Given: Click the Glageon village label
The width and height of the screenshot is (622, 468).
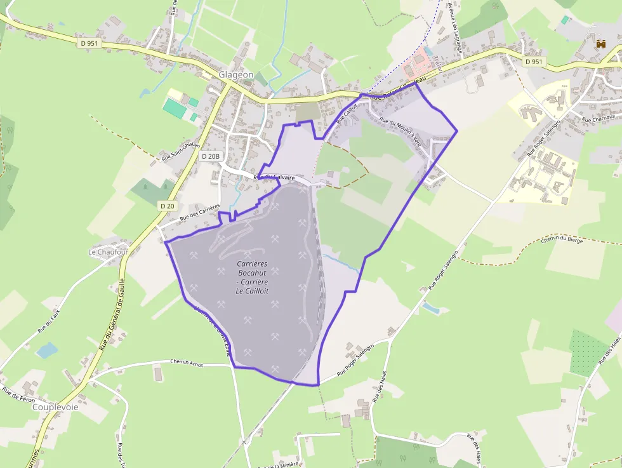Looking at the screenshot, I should (x=236, y=75).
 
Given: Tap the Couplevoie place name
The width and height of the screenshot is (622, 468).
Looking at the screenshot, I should (x=55, y=407).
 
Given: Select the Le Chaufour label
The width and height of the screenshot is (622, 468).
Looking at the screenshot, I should (x=108, y=252).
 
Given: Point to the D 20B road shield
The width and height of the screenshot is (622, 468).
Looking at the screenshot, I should (x=210, y=156).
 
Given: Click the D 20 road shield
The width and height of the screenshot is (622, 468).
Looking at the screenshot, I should (x=168, y=206).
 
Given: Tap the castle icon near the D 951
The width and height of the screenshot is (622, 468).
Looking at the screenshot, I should (x=600, y=44).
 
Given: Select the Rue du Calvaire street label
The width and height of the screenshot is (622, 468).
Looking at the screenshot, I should (x=274, y=178).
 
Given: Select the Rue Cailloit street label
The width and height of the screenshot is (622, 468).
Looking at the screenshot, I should (x=347, y=112).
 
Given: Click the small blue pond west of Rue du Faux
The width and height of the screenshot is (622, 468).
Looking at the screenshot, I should (x=46, y=350).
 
